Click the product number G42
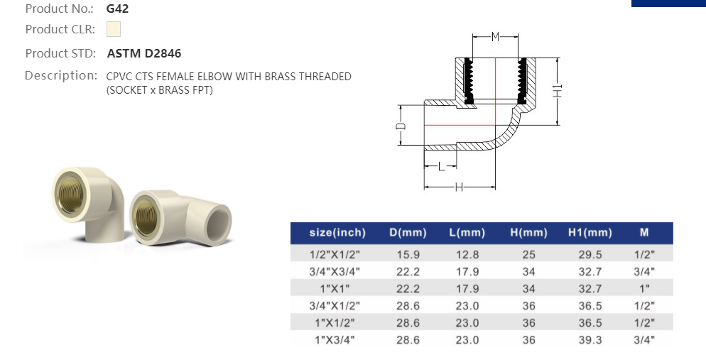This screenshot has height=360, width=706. coord(117,9)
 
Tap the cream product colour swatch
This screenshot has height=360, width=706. coord(114,29)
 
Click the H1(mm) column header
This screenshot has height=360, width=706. coord(590,233)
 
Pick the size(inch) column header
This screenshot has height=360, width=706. coord(337,233)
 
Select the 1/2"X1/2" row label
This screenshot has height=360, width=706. coord(335,254)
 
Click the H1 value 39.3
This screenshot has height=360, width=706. coord(590,340)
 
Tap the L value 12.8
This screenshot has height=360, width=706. coord(467,254)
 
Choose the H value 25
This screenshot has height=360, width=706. coord(528,254)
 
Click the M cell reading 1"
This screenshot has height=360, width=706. coord(643,288)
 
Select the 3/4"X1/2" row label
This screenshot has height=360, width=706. coord(335,306)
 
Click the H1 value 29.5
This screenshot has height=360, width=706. coord(590,254)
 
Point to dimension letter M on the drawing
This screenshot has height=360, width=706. coord(496,36)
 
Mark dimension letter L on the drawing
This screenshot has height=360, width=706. coord(440,168)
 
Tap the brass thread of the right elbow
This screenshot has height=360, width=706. coord(148,214)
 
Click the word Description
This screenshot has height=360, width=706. coord(60,75)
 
